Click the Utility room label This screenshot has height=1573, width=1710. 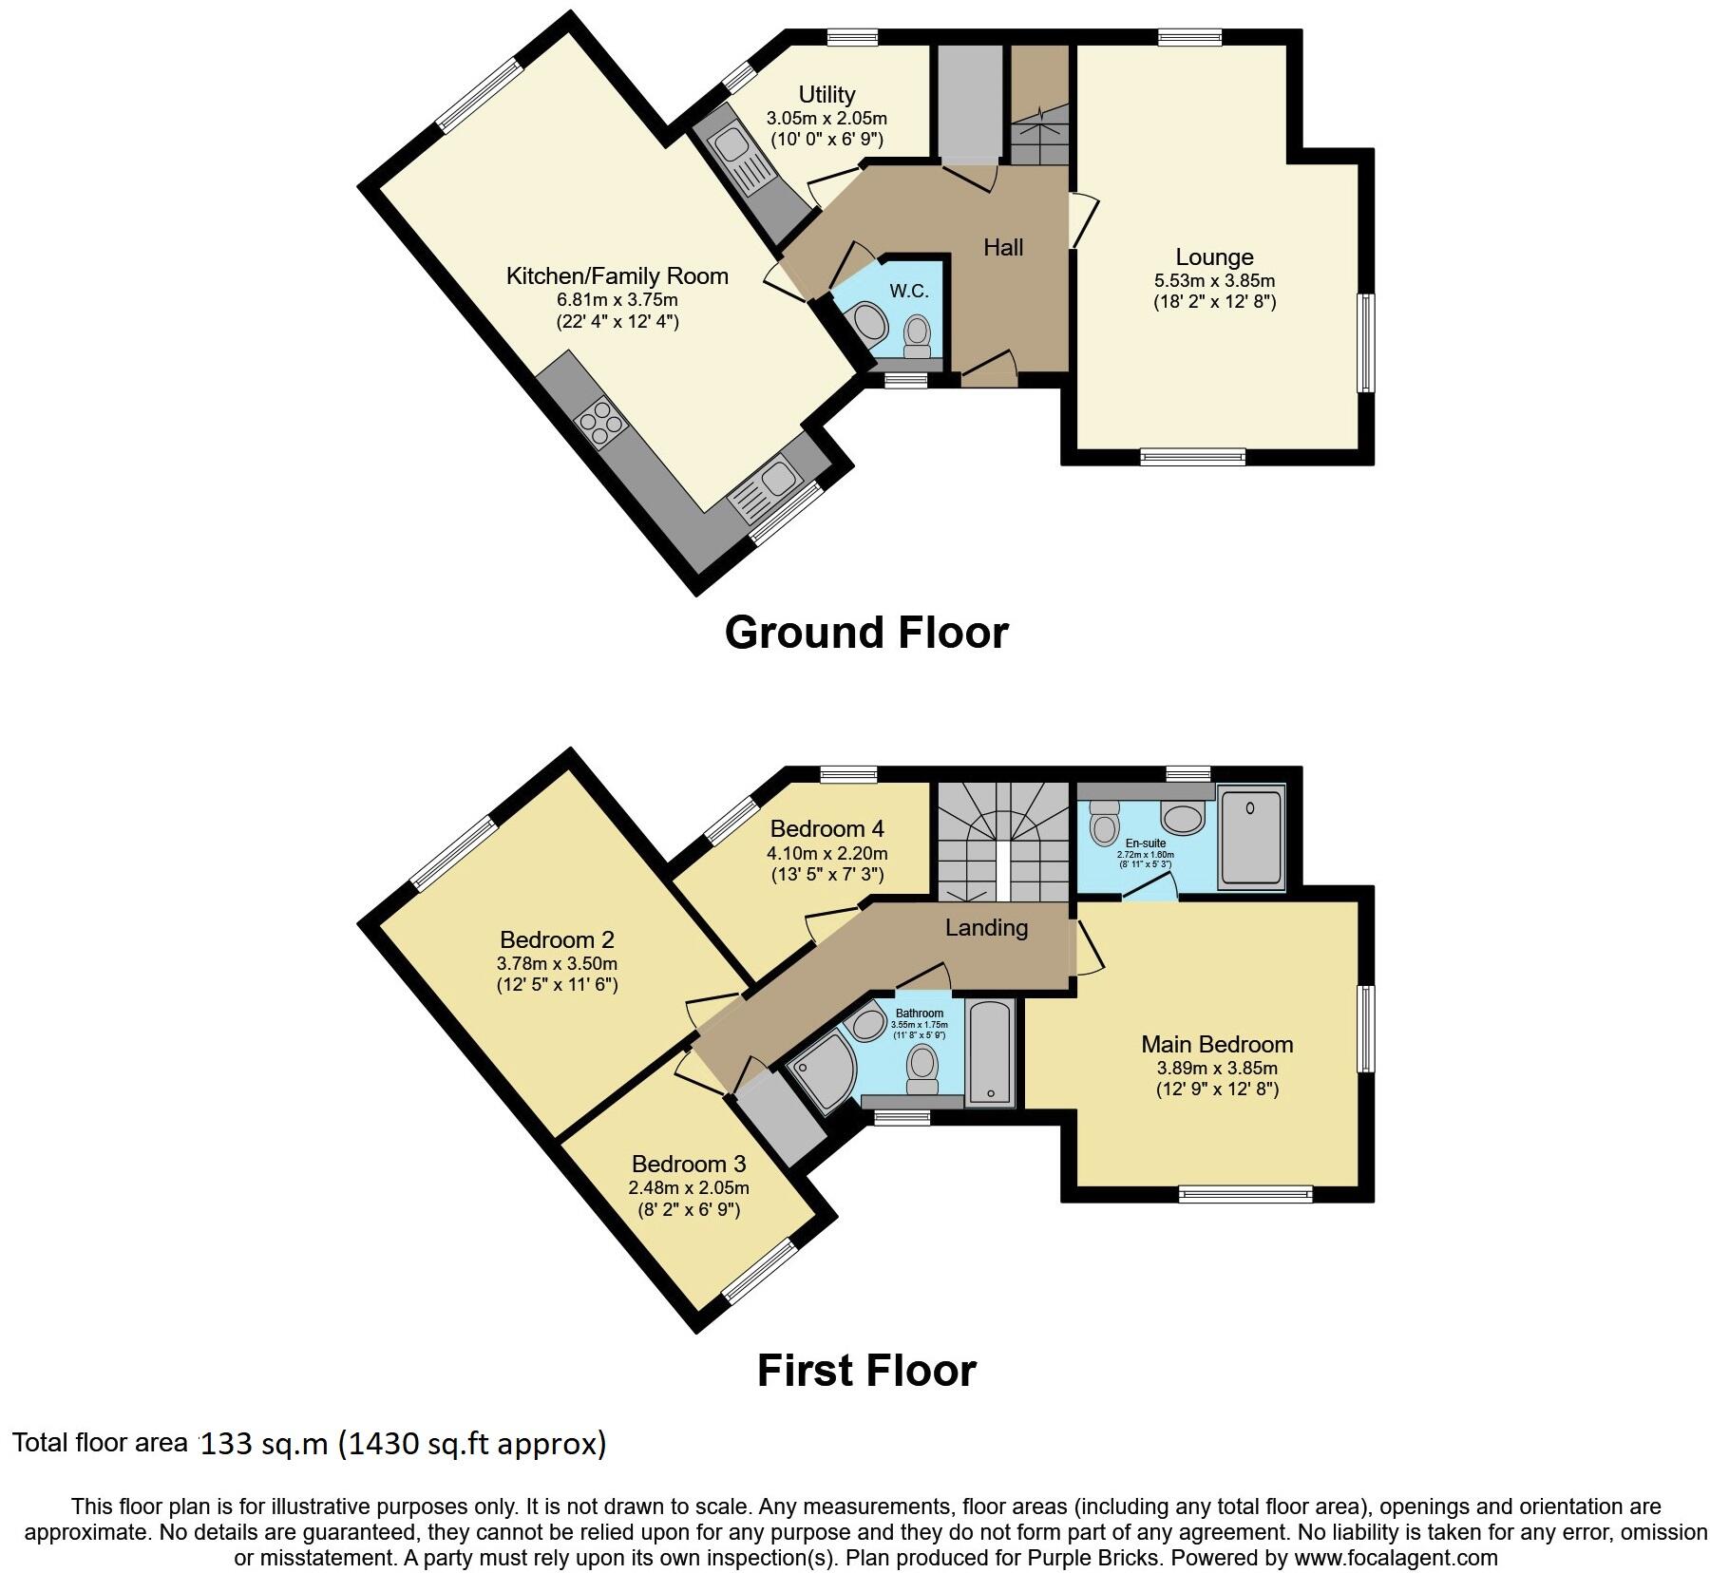pyautogui.click(x=826, y=94)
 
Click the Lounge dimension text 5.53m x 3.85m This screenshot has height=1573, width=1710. pyautogui.click(x=1214, y=280)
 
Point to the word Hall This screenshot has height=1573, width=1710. pyautogui.click(x=1003, y=248)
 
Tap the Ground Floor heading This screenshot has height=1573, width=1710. pyautogui.click(x=865, y=633)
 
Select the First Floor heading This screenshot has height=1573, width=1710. pyautogui.click(x=865, y=1371)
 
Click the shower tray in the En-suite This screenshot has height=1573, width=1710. pyautogui.click(x=1250, y=835)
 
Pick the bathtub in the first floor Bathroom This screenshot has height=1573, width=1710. pyautogui.click(x=989, y=1052)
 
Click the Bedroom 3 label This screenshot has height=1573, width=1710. pyautogui.click(x=689, y=1164)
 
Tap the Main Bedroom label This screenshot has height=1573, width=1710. pyautogui.click(x=1217, y=1045)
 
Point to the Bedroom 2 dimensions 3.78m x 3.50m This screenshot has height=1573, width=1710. pyautogui.click(x=557, y=963)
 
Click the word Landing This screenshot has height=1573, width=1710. pyautogui.click(x=986, y=927)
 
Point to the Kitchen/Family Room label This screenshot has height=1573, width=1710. pyautogui.click(x=617, y=276)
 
